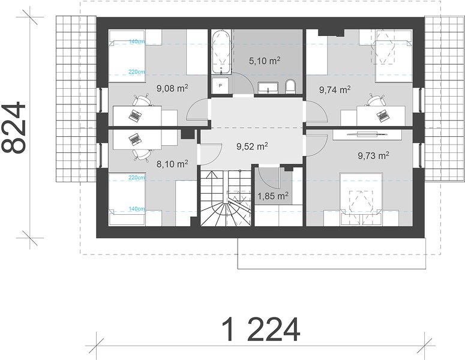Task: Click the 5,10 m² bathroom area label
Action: coord(265,61)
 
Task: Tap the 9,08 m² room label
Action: coord(172,88)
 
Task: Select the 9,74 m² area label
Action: coord(335,89)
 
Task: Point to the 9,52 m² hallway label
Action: coord(253,146)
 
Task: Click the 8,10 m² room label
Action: coord(172,164)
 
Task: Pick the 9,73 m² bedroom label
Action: coord(373,155)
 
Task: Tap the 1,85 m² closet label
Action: coord(273,196)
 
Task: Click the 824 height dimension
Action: coord(14,127)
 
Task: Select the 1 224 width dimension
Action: coord(260,329)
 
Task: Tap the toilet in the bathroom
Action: coord(290,86)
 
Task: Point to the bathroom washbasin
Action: coord(268,88)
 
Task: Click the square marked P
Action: coord(220,86)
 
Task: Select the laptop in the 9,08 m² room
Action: coord(135,115)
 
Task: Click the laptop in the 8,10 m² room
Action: coord(135,139)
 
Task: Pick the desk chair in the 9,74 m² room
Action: coord(376,100)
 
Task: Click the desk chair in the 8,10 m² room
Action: coord(142,155)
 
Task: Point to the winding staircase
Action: coord(226,197)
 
